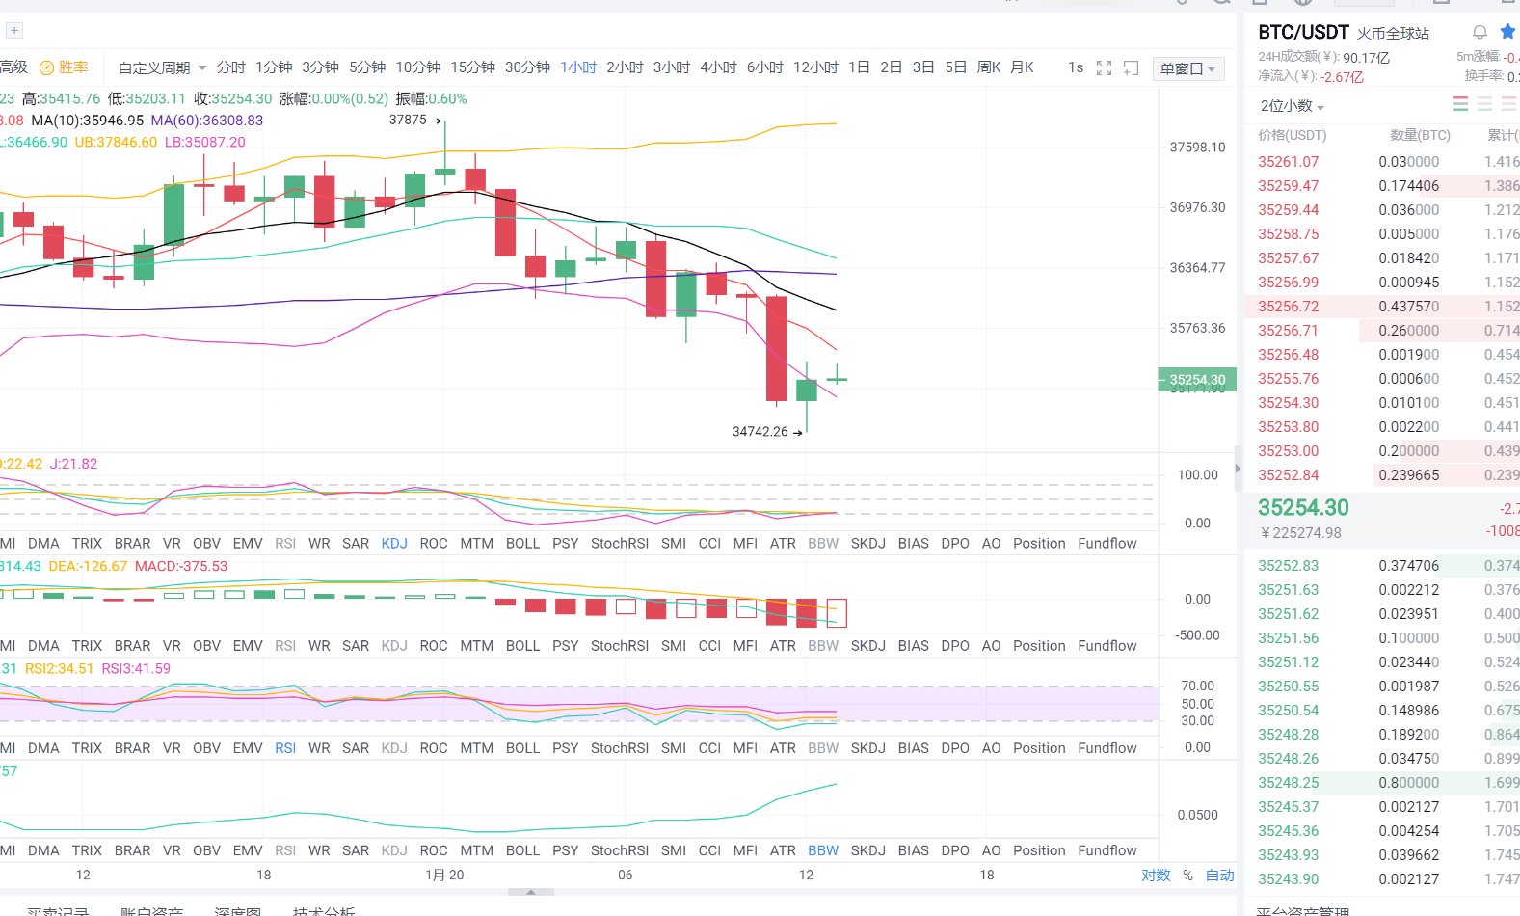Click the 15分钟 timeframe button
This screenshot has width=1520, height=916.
(472, 67)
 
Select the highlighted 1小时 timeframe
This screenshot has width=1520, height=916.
(578, 67)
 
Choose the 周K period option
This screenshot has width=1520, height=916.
(989, 67)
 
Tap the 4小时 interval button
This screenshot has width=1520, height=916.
(718, 67)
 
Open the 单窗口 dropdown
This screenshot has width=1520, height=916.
(1187, 68)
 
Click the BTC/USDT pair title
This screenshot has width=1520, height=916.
(1303, 32)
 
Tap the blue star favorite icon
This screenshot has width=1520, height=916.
(1507, 32)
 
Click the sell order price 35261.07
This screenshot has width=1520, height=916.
(1288, 162)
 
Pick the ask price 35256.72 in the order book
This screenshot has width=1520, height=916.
(1288, 307)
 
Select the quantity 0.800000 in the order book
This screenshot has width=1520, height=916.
(1408, 783)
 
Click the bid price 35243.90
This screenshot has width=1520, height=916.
(1288, 879)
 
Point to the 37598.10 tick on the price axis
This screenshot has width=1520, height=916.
(1197, 148)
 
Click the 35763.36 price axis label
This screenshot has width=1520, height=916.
(1197, 328)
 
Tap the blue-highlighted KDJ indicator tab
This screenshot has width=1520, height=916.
(394, 544)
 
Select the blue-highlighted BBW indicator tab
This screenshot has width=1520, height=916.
(823, 850)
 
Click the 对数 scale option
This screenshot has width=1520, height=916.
(1156, 876)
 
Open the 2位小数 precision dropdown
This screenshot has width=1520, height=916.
(1292, 106)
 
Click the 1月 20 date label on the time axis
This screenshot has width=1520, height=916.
(444, 876)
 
